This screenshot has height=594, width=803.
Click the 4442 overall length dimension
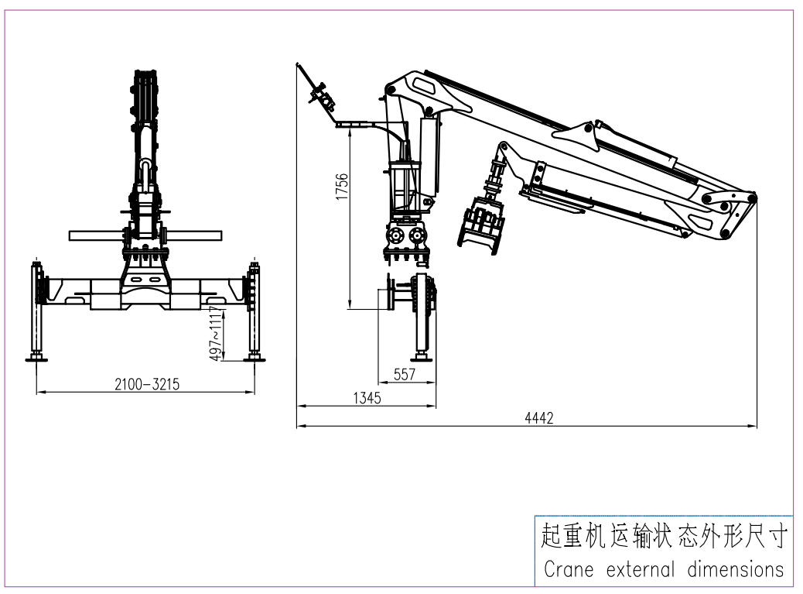click(x=539, y=418)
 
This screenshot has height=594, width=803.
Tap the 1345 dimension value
click(x=367, y=398)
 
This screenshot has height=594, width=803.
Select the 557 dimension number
click(x=405, y=375)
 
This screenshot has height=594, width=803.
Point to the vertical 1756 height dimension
click(x=342, y=187)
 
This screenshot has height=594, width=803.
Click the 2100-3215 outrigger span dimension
click(x=147, y=384)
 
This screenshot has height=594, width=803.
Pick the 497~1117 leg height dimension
click(x=217, y=334)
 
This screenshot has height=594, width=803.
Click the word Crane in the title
click(x=569, y=569)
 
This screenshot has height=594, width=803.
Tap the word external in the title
click(x=640, y=569)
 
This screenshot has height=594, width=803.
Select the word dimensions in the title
click(x=736, y=569)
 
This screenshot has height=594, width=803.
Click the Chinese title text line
click(x=664, y=537)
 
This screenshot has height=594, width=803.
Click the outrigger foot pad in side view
click(x=422, y=356)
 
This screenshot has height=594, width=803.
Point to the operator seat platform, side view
click(x=361, y=124)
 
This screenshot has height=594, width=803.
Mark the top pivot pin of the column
click(x=391, y=90)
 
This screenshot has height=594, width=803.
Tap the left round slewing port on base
click(x=395, y=235)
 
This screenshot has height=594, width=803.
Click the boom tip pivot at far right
click(x=751, y=197)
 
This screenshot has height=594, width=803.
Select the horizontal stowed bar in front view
click(x=146, y=235)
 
